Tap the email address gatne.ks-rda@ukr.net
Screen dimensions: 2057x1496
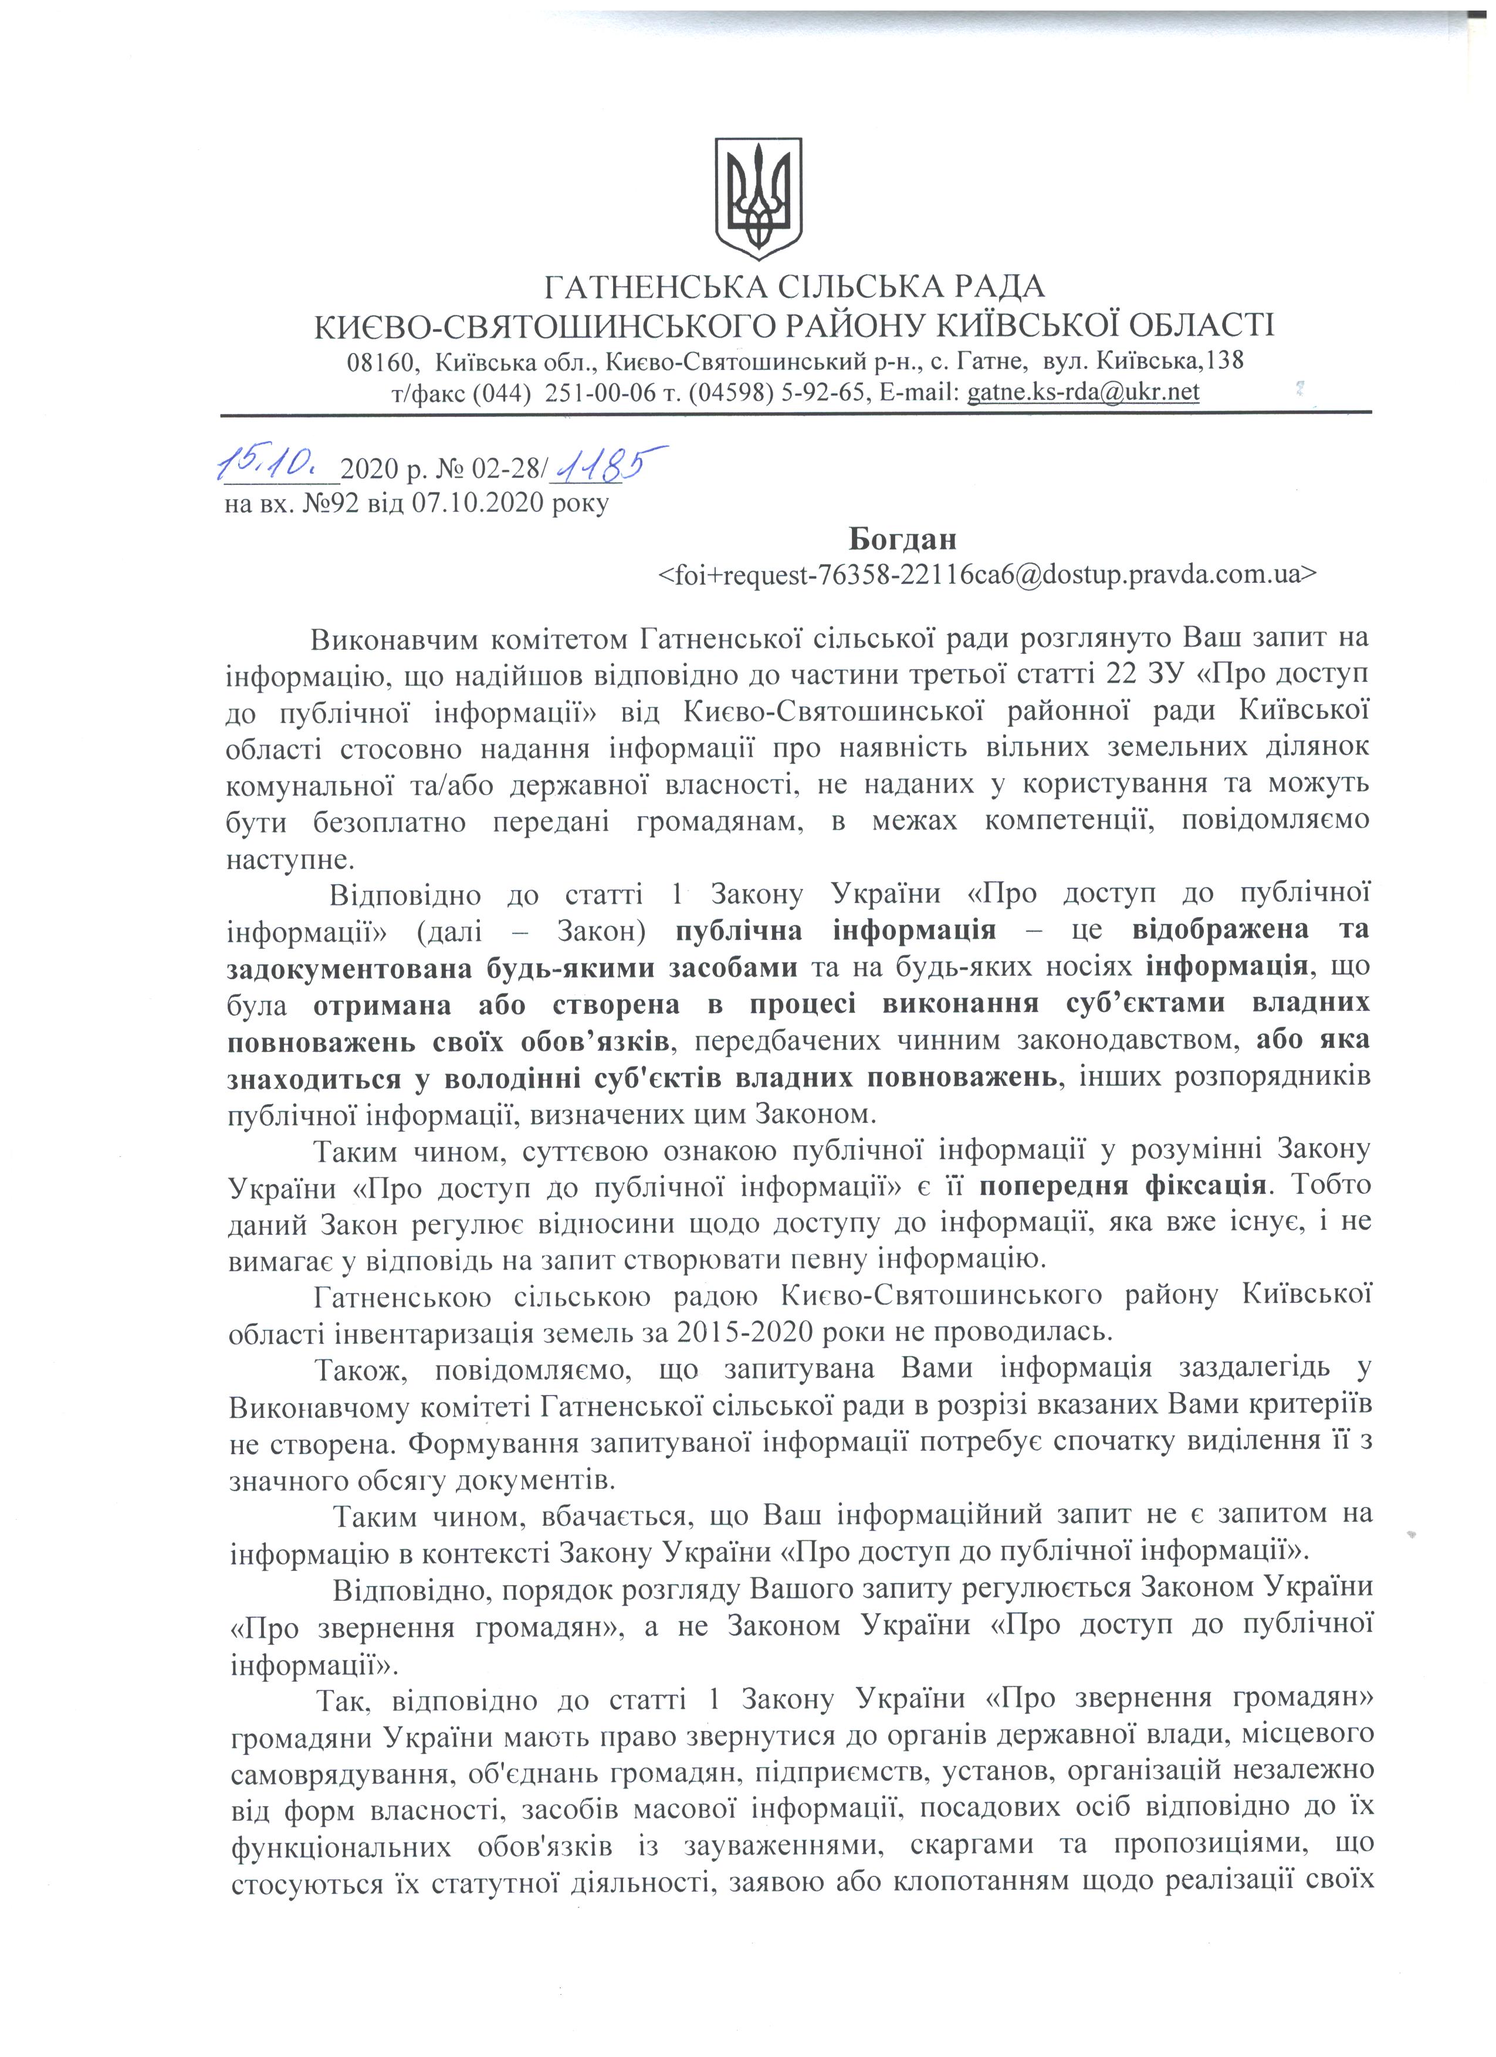click(x=1083, y=392)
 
